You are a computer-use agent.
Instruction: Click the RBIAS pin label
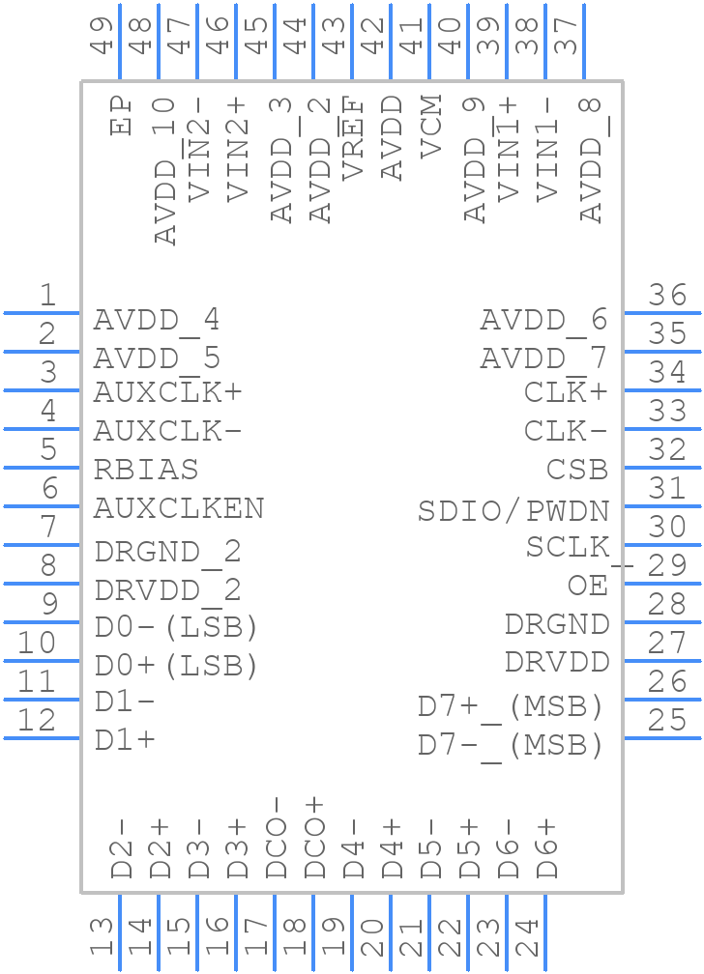coord(146,470)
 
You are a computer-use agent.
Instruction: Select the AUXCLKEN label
coord(179,508)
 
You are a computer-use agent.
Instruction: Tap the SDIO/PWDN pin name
coord(513,510)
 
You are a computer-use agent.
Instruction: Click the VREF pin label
coord(352,137)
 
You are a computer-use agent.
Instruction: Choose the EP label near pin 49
coord(120,115)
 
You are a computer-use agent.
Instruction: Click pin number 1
coord(45,295)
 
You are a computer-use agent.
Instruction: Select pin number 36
coord(668,295)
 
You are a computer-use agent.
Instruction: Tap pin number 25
coord(668,720)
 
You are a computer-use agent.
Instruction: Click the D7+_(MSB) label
coord(511,707)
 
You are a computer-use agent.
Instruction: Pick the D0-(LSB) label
coord(176,627)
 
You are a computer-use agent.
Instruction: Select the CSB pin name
coord(577,470)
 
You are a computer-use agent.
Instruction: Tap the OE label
coord(588,586)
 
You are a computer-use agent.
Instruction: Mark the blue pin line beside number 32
coord(662,468)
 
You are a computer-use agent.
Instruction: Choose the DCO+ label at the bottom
coord(314,838)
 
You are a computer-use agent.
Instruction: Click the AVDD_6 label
coord(543,320)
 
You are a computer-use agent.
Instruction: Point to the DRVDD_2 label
coord(167,589)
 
